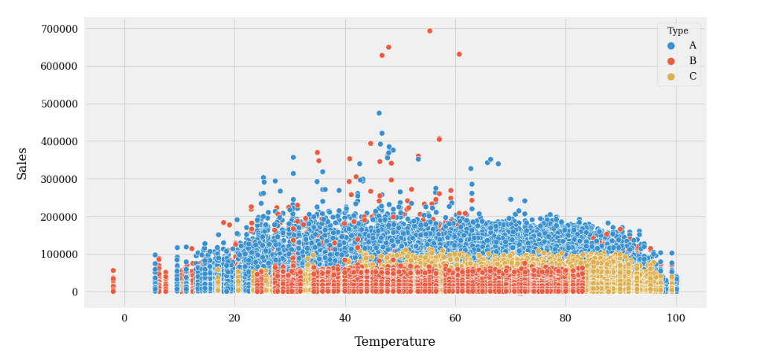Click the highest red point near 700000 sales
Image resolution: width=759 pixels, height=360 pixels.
[429, 31]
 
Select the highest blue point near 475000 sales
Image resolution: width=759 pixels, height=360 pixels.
[379, 113]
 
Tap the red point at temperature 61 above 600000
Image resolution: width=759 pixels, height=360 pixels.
[459, 54]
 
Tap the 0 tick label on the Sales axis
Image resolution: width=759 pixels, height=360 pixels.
[74, 292]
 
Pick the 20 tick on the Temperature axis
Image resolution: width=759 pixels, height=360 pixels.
[234, 318]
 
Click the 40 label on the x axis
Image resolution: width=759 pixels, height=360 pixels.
[345, 318]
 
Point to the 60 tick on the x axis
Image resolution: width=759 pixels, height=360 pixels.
[455, 318]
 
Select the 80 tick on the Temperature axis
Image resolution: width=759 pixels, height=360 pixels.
[566, 318]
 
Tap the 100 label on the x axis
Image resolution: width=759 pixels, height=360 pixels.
[676, 318]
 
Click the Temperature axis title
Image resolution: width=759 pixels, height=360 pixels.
[394, 342]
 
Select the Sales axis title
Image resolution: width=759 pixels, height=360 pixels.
[22, 163]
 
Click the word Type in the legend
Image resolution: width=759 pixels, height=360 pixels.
[677, 31]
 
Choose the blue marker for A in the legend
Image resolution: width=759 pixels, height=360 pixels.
[671, 45]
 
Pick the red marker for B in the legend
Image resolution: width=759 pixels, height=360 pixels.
[671, 61]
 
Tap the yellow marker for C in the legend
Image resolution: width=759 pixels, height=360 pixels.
[671, 76]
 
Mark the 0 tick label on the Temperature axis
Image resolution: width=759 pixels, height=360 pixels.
[124, 318]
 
